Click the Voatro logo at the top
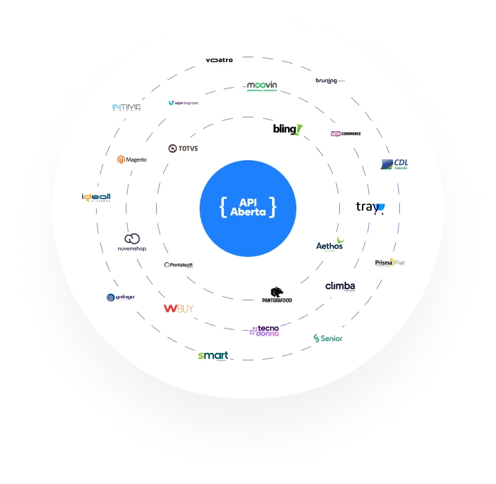pos(219,60)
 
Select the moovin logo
pos(262,86)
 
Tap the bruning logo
pos(328,81)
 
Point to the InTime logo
pos(126,107)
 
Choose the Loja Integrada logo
pos(183,103)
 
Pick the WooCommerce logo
pos(345,133)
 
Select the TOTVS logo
pos(183,148)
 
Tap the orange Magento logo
pos(132,159)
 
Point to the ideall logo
pos(96,197)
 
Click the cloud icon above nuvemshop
pos(132,238)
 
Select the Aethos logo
pos(330,244)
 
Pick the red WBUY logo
pos(178,309)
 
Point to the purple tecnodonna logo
pos(265,331)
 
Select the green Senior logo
pos(328,338)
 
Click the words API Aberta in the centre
pos(247,207)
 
